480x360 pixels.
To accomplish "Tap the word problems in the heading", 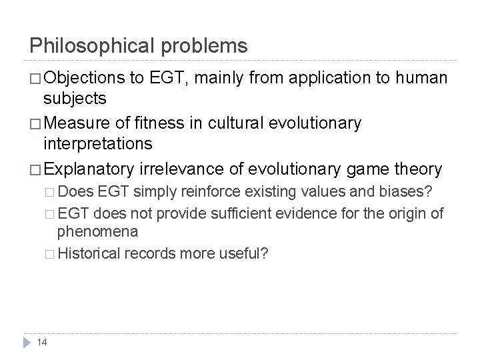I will (205, 46).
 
